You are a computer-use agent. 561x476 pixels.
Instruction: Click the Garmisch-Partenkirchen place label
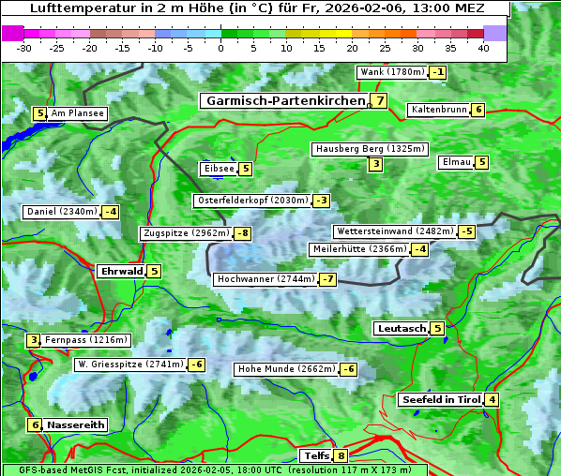(285, 101)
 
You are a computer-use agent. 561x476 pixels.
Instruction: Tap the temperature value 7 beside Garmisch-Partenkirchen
(379, 101)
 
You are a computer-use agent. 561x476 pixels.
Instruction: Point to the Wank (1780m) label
(392, 72)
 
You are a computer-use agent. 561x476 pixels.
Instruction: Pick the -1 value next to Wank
(437, 72)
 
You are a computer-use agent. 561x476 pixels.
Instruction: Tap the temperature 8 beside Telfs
(341, 456)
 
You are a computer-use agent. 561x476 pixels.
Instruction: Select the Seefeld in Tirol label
(440, 400)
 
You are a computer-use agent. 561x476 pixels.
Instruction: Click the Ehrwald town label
(121, 272)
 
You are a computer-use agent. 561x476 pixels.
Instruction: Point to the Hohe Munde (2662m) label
(286, 369)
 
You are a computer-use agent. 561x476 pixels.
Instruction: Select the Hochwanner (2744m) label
(265, 279)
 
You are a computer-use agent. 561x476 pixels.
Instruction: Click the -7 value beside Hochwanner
(327, 279)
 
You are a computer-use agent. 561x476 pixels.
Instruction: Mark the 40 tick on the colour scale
(483, 48)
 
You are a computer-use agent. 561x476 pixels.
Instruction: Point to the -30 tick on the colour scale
(24, 48)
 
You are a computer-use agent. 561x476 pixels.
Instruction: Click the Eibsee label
(218, 169)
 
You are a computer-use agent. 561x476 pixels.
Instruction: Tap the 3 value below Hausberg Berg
(375, 165)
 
